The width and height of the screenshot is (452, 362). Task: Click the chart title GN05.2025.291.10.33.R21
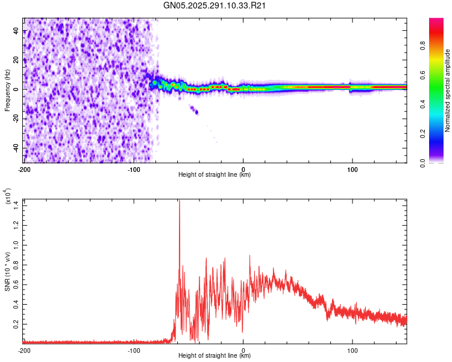(x=215, y=5)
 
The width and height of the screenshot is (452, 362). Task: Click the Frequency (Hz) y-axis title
(x=7, y=90)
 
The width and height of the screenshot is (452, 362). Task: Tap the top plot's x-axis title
(x=215, y=175)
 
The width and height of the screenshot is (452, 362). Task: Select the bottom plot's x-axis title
(x=215, y=356)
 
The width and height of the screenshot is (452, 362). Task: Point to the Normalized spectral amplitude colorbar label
(x=448, y=91)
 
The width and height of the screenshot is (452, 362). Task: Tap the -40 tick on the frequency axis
(x=16, y=148)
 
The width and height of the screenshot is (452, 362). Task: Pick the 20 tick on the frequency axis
(x=17, y=60)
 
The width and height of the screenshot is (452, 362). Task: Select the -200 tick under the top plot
(x=24, y=168)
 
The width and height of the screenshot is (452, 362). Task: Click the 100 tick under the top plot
(x=353, y=168)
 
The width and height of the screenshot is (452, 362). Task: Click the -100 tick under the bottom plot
(x=134, y=350)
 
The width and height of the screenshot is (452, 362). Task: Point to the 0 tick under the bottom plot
(x=243, y=350)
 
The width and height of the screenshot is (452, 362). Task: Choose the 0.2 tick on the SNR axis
(x=16, y=323)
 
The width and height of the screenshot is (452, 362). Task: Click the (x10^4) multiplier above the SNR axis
(x=8, y=197)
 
